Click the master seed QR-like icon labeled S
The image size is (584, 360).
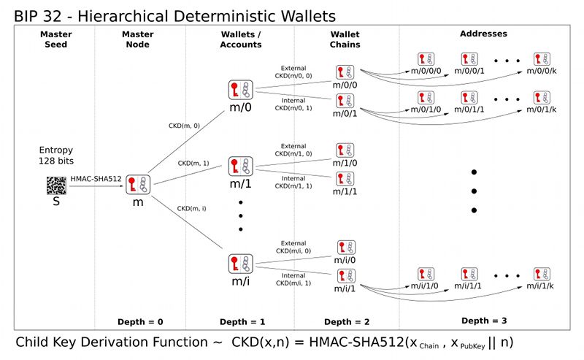(55, 185)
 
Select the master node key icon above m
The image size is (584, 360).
(137, 185)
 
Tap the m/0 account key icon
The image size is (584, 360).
(239, 91)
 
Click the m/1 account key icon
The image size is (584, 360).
(239, 166)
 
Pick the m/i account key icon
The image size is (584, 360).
(239, 264)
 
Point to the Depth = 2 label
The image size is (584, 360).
(347, 322)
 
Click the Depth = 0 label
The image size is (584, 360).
(139, 322)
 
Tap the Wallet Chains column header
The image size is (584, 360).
(345, 39)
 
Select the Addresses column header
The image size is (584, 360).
(483, 34)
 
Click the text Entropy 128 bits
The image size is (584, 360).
(55, 155)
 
